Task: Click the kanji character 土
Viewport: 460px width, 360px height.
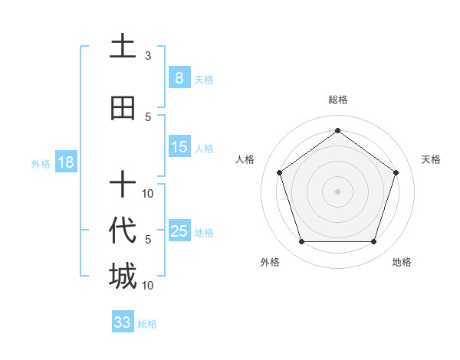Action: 122,47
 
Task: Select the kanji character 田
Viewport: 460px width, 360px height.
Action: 122,108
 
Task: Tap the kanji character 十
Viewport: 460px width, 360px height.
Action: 122,185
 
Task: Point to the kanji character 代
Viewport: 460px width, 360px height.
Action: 122,231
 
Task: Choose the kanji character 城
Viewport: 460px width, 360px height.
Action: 122,277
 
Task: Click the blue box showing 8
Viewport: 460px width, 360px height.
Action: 179,78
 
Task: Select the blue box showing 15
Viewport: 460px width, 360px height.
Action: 179,147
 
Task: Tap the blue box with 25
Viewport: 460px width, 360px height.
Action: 179,231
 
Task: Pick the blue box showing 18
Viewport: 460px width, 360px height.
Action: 65,162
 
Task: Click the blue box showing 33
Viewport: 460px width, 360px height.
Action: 123,322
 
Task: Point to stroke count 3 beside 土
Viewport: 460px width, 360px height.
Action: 148,56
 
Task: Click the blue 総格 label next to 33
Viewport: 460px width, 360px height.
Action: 147,324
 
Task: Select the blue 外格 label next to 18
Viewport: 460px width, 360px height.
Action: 41,163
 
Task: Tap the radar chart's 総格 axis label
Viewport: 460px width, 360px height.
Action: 337,100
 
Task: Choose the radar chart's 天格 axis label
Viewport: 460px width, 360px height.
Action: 432,159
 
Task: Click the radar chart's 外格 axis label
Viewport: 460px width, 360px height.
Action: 270,262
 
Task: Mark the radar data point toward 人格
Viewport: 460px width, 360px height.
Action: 279,172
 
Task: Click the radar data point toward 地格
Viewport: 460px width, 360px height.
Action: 373,242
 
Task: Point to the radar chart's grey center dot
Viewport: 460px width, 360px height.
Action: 337,191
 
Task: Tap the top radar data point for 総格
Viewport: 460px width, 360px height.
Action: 337,130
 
